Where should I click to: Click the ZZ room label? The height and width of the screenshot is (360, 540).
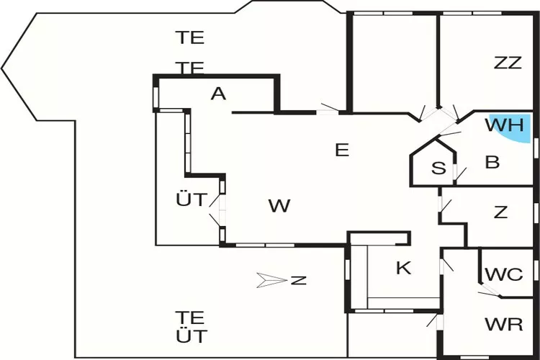[x=508, y=63]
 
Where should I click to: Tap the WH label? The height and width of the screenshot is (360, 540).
[x=503, y=125]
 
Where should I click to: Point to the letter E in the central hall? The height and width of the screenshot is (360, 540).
[x=342, y=150]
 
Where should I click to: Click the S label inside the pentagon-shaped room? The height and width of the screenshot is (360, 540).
[x=438, y=168]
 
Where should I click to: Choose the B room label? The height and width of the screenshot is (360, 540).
[x=492, y=163]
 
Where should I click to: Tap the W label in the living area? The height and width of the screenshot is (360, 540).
[x=279, y=207]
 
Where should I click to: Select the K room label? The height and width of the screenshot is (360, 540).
[x=404, y=269]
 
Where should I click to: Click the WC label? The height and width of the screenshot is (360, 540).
[x=504, y=274]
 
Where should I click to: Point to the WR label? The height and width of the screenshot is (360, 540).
[x=504, y=324]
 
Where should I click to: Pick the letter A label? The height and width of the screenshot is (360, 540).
[x=219, y=94]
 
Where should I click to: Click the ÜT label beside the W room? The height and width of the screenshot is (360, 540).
[x=192, y=199]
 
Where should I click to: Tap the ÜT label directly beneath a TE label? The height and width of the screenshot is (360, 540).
[x=192, y=336]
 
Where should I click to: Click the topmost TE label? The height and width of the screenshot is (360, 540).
[x=191, y=37]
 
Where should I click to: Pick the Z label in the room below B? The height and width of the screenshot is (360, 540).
[x=501, y=213]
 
